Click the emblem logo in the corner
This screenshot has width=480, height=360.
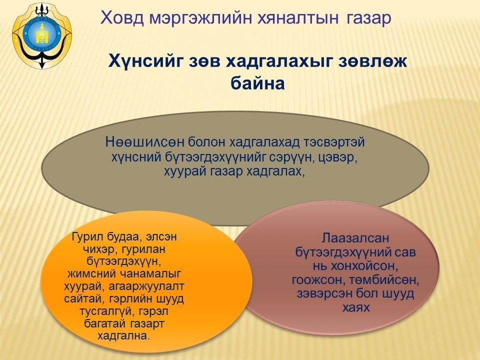point(42,35)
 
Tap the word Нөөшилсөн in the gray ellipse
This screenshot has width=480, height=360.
point(144,142)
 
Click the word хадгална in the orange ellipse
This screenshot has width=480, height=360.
point(123,336)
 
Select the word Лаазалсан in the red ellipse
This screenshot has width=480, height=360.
point(355,238)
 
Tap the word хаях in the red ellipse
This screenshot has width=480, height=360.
point(356,307)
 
